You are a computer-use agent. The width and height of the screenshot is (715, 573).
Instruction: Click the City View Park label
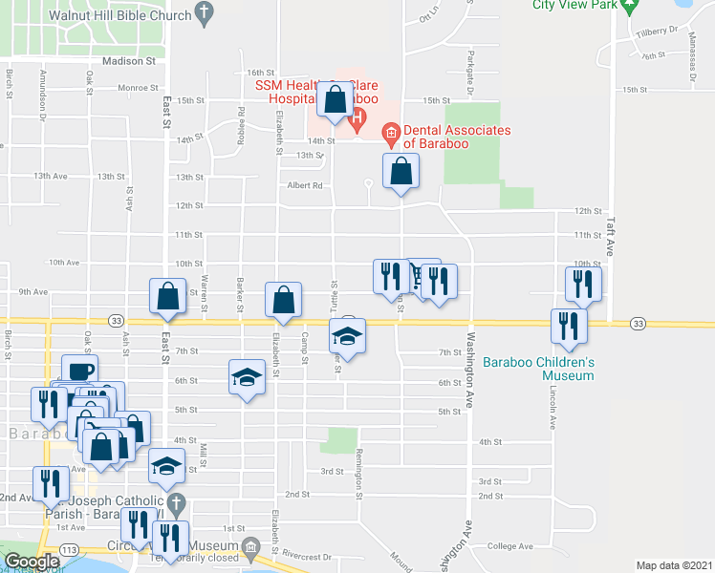572,5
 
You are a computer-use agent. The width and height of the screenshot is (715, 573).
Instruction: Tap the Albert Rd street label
302,186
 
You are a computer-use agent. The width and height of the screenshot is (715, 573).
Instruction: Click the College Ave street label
509,547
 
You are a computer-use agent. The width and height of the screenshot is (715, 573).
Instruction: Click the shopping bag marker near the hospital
336,101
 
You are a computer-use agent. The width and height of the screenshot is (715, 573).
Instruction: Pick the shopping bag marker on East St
167,296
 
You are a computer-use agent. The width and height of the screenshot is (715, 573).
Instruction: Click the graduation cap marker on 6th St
247,376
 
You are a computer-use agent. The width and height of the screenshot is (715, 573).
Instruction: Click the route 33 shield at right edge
637,324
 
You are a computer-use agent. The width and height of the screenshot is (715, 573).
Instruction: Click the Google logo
32,562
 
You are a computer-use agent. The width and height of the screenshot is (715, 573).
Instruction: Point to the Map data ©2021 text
675,565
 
